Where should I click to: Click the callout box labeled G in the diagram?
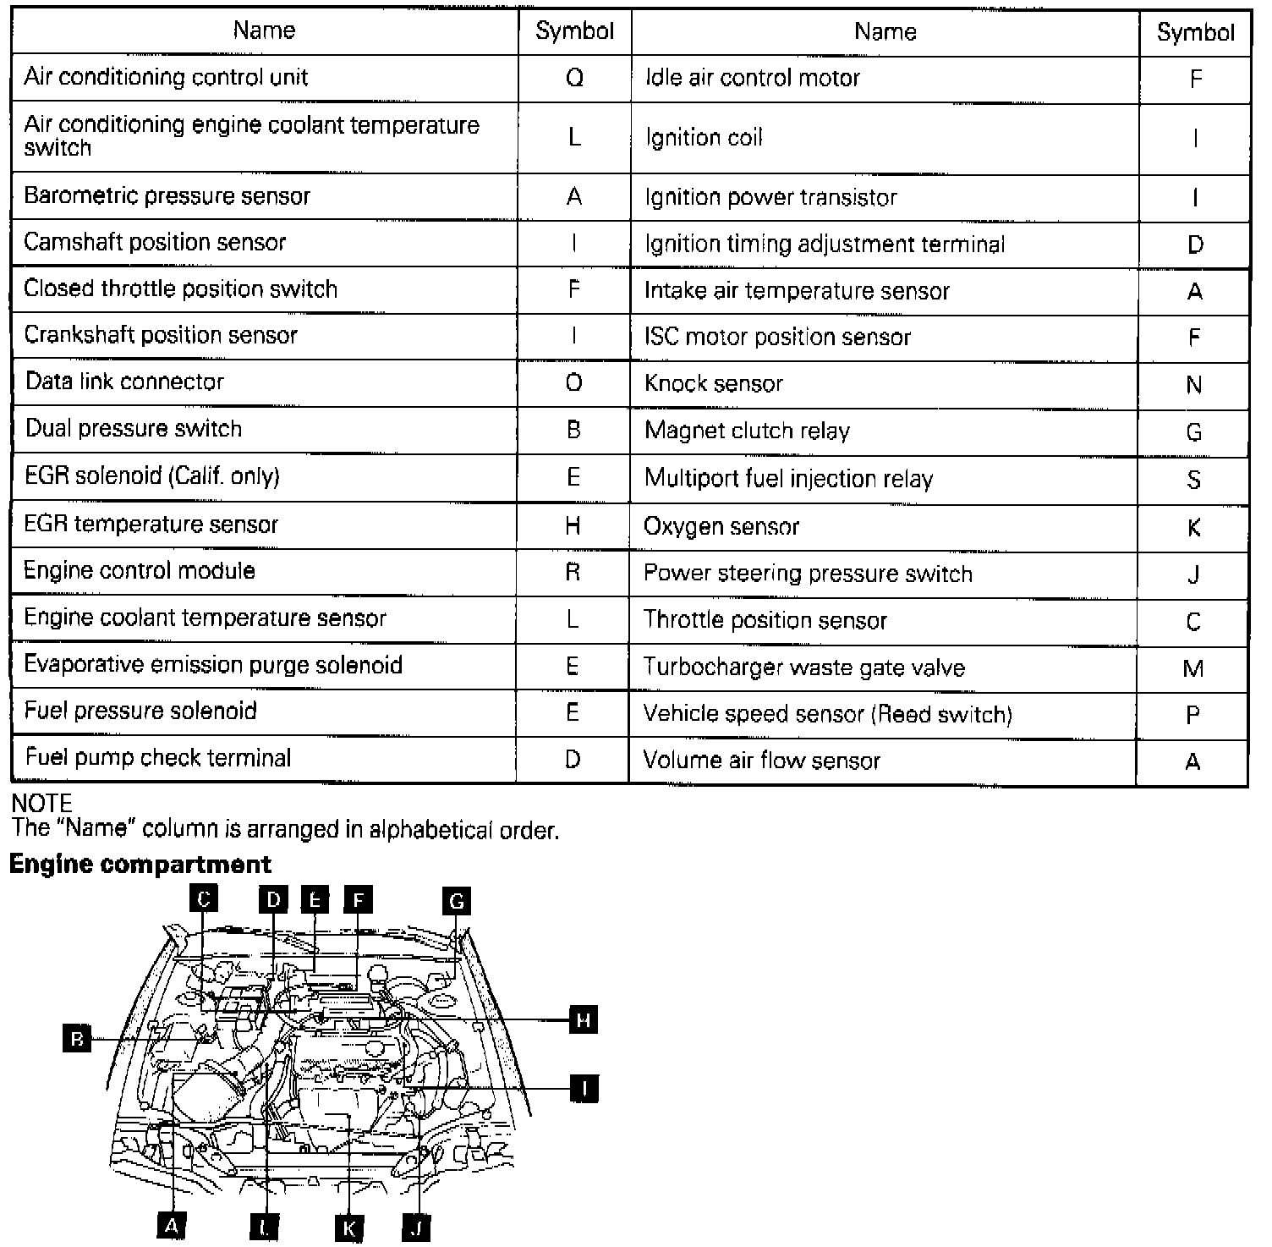click(456, 901)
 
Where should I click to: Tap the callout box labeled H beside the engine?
click(583, 1020)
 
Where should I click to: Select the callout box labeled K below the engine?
click(348, 1227)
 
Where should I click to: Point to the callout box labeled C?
click(203, 898)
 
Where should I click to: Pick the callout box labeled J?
click(416, 1227)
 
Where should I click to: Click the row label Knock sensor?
click(714, 384)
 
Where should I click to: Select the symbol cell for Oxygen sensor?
click(1193, 528)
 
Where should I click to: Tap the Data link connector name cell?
click(124, 382)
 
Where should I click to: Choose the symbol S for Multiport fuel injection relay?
click(1193, 480)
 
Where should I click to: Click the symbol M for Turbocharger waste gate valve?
click(1193, 668)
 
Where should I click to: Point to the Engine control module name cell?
click(140, 571)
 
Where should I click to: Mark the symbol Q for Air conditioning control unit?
click(574, 78)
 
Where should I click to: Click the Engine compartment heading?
click(140, 865)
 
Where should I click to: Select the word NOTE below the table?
click(41, 804)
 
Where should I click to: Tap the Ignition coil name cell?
click(704, 138)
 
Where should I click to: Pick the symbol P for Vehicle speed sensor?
click(1193, 716)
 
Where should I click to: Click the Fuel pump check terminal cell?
click(158, 757)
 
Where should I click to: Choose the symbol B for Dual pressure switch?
click(573, 430)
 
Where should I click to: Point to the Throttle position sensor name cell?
click(765, 620)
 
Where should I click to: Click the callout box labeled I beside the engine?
click(584, 1088)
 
